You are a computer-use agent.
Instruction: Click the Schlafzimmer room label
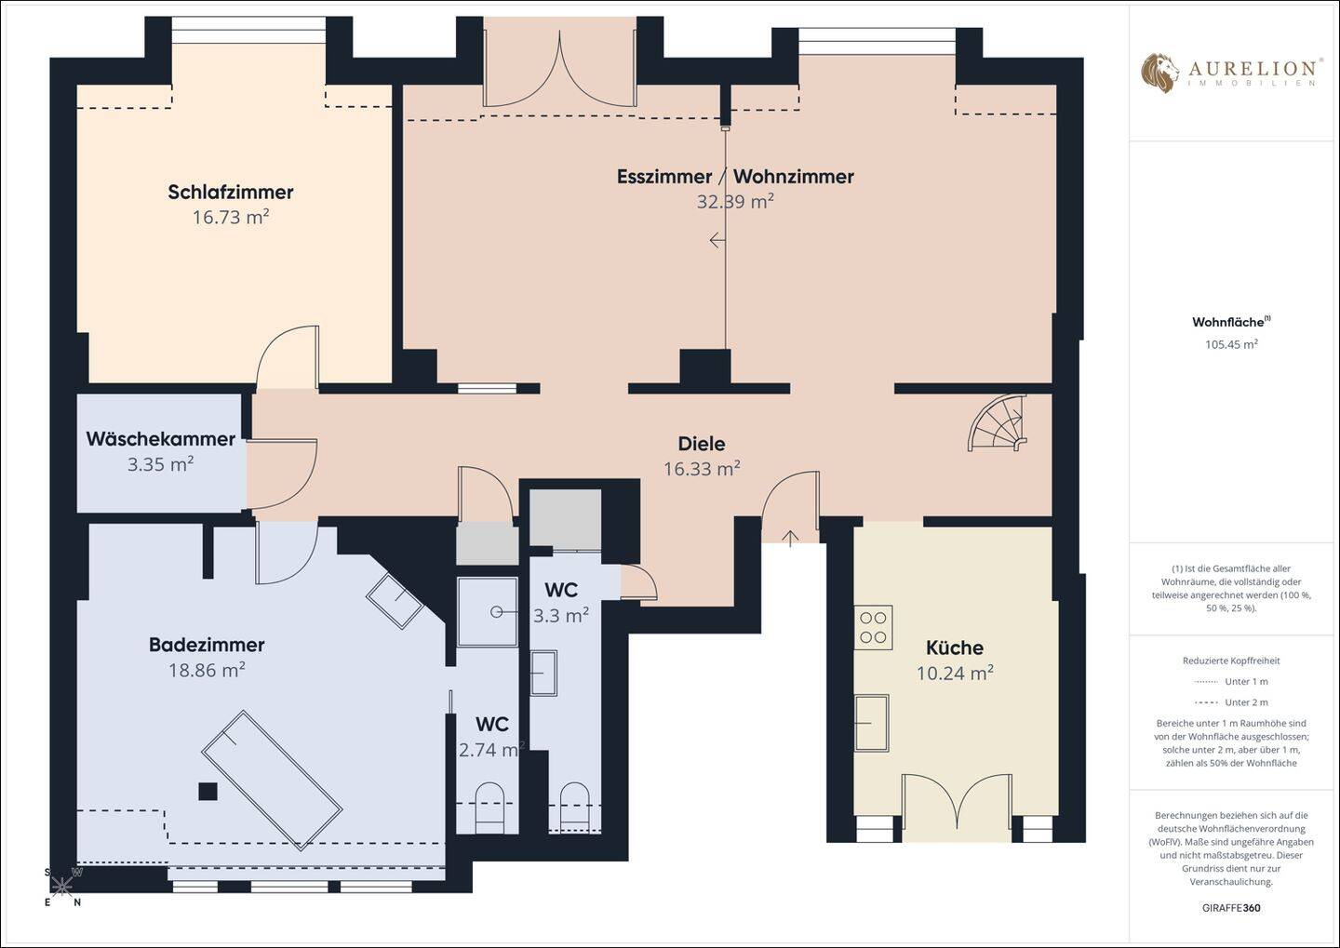(231, 192)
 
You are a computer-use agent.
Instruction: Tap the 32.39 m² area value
(735, 201)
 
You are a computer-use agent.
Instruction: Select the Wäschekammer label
(160, 438)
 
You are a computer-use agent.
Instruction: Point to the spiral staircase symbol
(998, 423)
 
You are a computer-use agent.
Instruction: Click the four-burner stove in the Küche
(873, 627)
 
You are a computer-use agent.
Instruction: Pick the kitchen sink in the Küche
(871, 723)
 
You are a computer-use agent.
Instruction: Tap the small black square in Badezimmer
(208, 792)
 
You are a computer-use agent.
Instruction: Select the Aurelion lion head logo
(1159, 73)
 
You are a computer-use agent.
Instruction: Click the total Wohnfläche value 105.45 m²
(1231, 344)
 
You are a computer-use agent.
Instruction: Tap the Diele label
(701, 444)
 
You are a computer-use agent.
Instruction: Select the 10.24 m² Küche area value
(955, 673)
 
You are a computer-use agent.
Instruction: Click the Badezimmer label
(207, 645)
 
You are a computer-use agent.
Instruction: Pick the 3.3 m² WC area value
(560, 615)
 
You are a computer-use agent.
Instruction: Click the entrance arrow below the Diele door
(790, 539)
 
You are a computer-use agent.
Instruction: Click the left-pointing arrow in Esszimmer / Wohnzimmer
(717, 240)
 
